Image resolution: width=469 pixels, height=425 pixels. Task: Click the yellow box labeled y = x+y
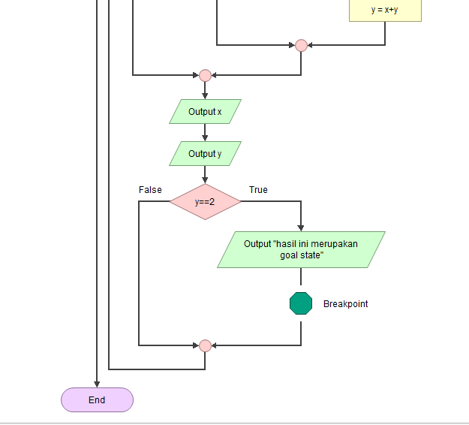[x=385, y=11]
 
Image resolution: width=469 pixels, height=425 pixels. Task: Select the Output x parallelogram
[x=205, y=112]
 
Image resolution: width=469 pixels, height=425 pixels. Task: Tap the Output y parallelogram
[x=205, y=154]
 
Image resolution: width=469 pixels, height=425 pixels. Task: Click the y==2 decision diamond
[x=205, y=202]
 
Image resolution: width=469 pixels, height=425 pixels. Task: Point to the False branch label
[x=150, y=190]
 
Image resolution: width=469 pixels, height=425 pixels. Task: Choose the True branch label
[x=258, y=190]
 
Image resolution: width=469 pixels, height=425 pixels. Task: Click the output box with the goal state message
[x=301, y=249]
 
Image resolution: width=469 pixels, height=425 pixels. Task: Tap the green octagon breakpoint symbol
[x=301, y=303]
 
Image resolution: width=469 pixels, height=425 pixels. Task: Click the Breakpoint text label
[x=345, y=304]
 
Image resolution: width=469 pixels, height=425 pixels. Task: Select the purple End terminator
[x=97, y=400]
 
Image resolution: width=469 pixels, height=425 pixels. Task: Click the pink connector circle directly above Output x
[x=205, y=75]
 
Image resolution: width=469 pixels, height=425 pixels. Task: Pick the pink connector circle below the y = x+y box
[x=301, y=45]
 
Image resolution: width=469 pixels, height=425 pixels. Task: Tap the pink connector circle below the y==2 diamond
[x=205, y=345]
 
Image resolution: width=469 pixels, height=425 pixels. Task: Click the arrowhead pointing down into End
[x=97, y=384]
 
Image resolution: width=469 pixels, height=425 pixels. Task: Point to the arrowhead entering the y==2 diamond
[x=205, y=180]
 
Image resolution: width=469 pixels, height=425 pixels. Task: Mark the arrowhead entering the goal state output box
[x=301, y=228]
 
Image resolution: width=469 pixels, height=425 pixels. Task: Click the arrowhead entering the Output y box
[x=205, y=138]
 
